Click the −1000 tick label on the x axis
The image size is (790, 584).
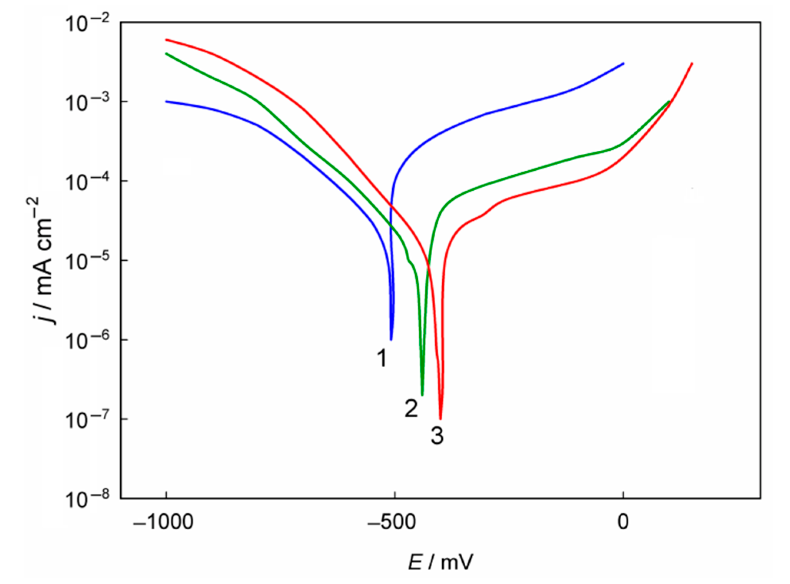pyautogui.click(x=163, y=522)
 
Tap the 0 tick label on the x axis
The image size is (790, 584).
pyautogui.click(x=623, y=522)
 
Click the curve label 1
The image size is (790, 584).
pyautogui.click(x=382, y=358)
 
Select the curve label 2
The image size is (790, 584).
pyautogui.click(x=411, y=408)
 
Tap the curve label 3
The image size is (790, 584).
pyautogui.click(x=437, y=436)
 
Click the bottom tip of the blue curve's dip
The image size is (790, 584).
pyautogui.click(x=391, y=339)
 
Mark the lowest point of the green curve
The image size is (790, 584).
pyautogui.click(x=422, y=395)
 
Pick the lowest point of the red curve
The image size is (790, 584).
pyautogui.click(x=441, y=419)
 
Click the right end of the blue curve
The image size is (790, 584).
pyautogui.click(x=623, y=63)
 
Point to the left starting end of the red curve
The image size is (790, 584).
pyautogui.click(x=166, y=40)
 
